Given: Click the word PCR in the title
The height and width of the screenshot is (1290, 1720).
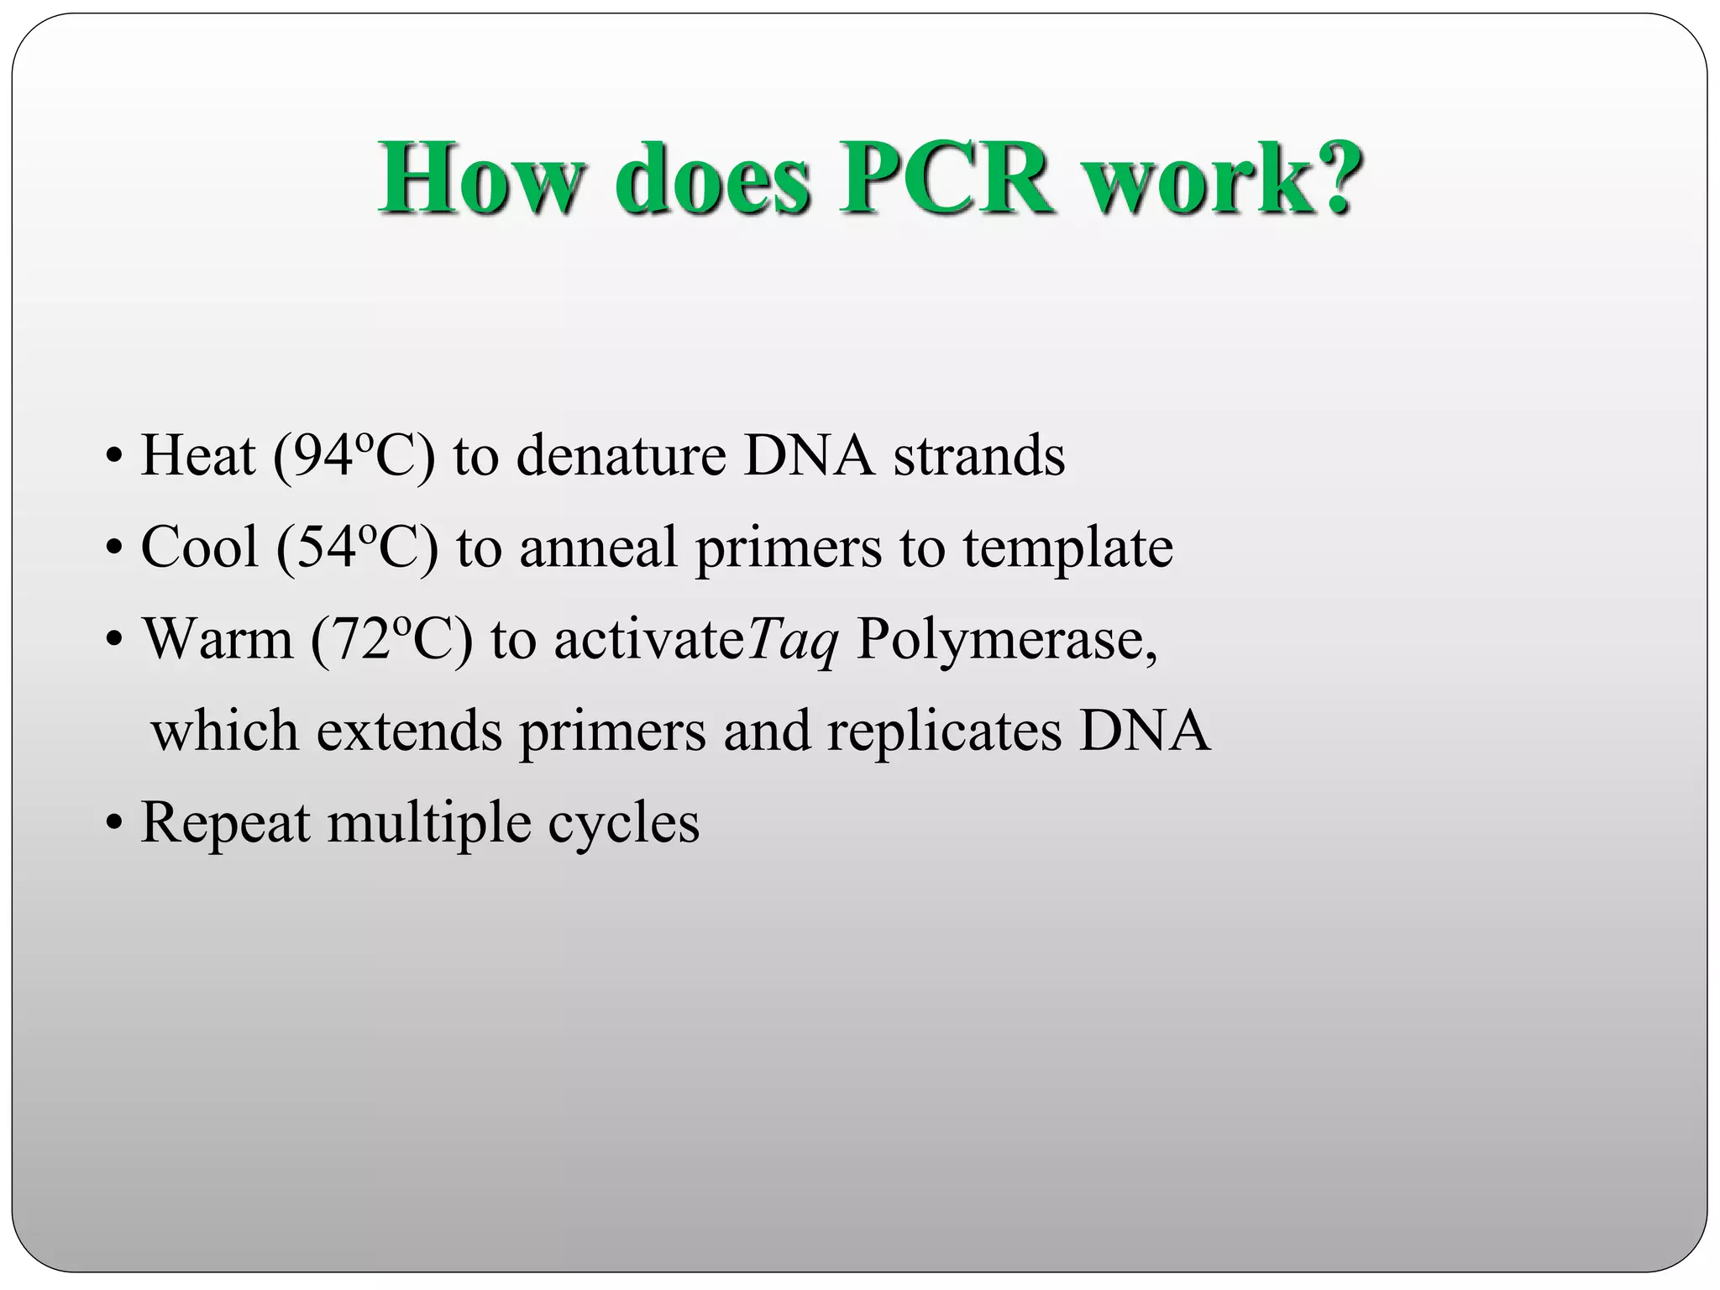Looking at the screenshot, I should click(947, 179).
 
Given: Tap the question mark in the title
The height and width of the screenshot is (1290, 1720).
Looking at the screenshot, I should click(1331, 179).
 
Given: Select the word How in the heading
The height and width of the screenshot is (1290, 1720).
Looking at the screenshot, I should click(480, 179).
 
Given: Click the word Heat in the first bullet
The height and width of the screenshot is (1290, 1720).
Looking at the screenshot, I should click(198, 456).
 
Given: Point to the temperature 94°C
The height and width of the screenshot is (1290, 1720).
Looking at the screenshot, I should click(354, 456).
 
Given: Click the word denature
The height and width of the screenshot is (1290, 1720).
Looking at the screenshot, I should click(621, 456).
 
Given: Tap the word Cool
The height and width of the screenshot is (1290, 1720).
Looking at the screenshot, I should click(200, 548).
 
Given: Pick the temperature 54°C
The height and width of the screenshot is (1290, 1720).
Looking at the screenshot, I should click(357, 548).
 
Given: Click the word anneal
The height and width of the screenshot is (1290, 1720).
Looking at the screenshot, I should click(598, 548).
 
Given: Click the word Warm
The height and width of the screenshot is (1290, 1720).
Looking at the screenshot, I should click(218, 639).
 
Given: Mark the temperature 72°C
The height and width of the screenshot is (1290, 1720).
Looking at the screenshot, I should click(391, 639).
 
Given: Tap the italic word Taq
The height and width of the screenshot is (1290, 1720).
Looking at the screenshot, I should click(792, 641).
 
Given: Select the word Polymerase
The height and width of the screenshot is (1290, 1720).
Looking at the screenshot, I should click(1006, 641).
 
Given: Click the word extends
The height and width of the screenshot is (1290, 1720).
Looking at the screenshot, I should click(409, 731).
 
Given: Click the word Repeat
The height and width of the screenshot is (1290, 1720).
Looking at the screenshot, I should click(225, 823).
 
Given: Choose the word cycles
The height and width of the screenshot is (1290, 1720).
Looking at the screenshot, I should click(623, 823).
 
